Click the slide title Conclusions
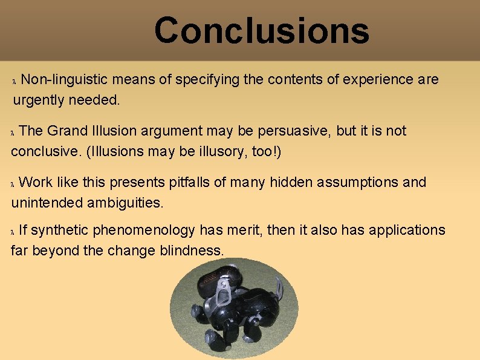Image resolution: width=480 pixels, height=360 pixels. click(x=261, y=30)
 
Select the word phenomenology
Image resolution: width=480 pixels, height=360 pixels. click(x=144, y=231)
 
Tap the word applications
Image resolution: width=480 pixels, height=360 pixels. click(x=407, y=231)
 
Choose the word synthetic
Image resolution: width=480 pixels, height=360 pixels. click(x=60, y=231)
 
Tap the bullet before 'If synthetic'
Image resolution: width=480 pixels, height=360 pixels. click(x=15, y=232)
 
